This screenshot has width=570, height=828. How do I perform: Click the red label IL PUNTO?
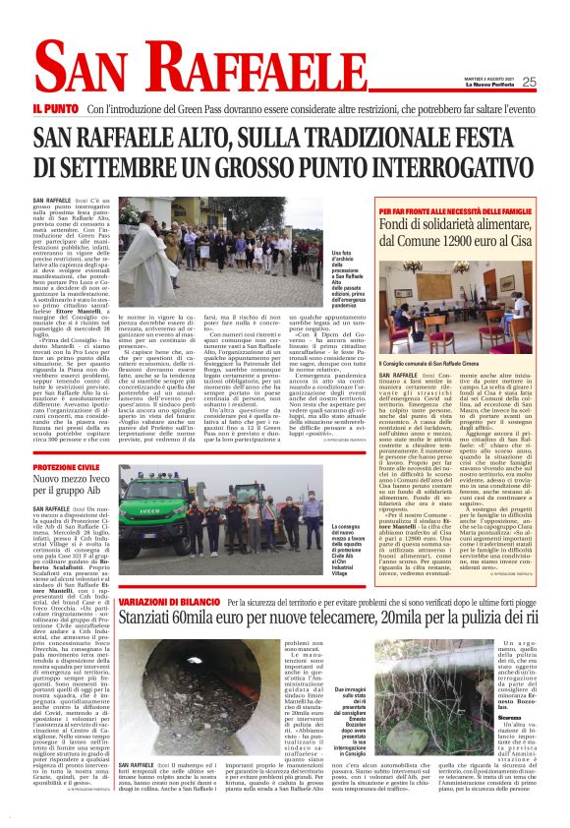click(55, 108)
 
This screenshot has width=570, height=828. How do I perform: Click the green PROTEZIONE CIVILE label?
click(65, 468)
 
